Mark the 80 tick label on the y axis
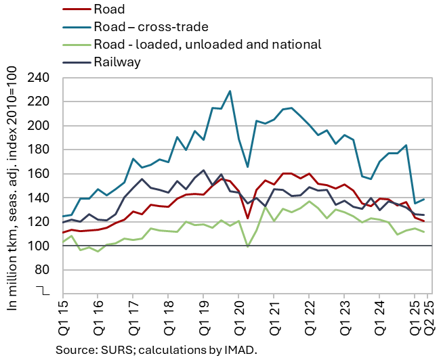(45, 269)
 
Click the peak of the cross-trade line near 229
(230, 91)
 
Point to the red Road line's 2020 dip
(248, 218)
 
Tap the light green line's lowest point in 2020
(248, 246)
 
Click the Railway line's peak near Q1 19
(204, 171)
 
